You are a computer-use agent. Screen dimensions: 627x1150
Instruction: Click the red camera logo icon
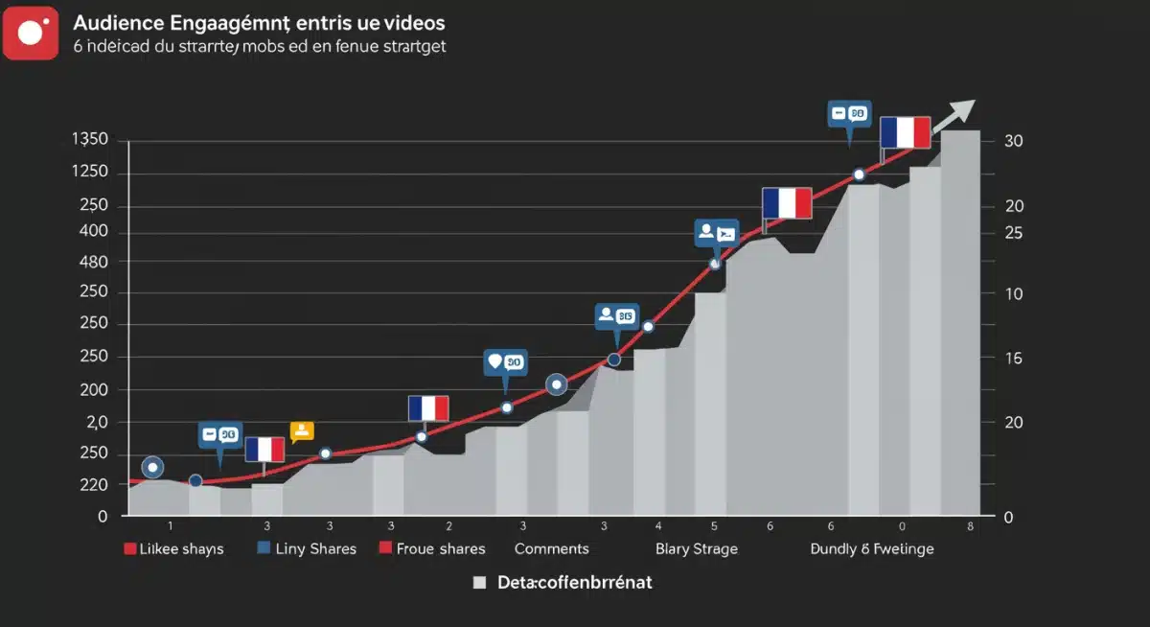31,33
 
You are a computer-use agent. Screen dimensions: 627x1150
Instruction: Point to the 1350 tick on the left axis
90,140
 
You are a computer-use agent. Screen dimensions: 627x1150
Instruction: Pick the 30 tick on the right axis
1014,141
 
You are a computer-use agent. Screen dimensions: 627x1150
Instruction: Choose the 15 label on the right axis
1014,359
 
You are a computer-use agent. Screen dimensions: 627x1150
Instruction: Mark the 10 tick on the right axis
1014,294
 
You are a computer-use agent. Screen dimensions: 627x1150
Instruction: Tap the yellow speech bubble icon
302,431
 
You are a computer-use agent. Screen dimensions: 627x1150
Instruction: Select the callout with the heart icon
504,362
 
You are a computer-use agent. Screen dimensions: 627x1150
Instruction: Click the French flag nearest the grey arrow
906,132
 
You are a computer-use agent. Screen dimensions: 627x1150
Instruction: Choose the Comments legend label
551,548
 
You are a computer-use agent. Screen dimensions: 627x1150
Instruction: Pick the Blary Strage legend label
697,548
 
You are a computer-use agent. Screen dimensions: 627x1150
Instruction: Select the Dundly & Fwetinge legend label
871,548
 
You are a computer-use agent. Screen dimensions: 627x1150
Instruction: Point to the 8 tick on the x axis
970,525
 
